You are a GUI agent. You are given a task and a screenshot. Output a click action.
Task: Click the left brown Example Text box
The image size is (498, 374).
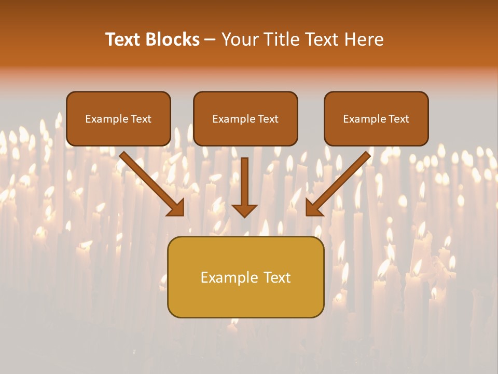(x=118, y=119)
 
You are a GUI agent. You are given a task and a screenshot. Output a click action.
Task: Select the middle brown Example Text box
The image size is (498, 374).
(x=245, y=119)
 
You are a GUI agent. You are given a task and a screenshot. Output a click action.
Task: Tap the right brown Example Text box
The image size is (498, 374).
(x=376, y=119)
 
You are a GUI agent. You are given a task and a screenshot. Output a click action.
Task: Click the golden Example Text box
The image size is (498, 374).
(x=245, y=277)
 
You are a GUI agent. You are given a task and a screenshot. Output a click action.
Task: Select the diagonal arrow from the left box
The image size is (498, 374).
(x=150, y=182)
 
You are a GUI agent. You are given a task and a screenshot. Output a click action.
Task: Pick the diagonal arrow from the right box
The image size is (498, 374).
(x=340, y=182)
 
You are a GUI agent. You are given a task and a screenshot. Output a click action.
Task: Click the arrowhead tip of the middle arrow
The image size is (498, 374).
(x=244, y=215)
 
